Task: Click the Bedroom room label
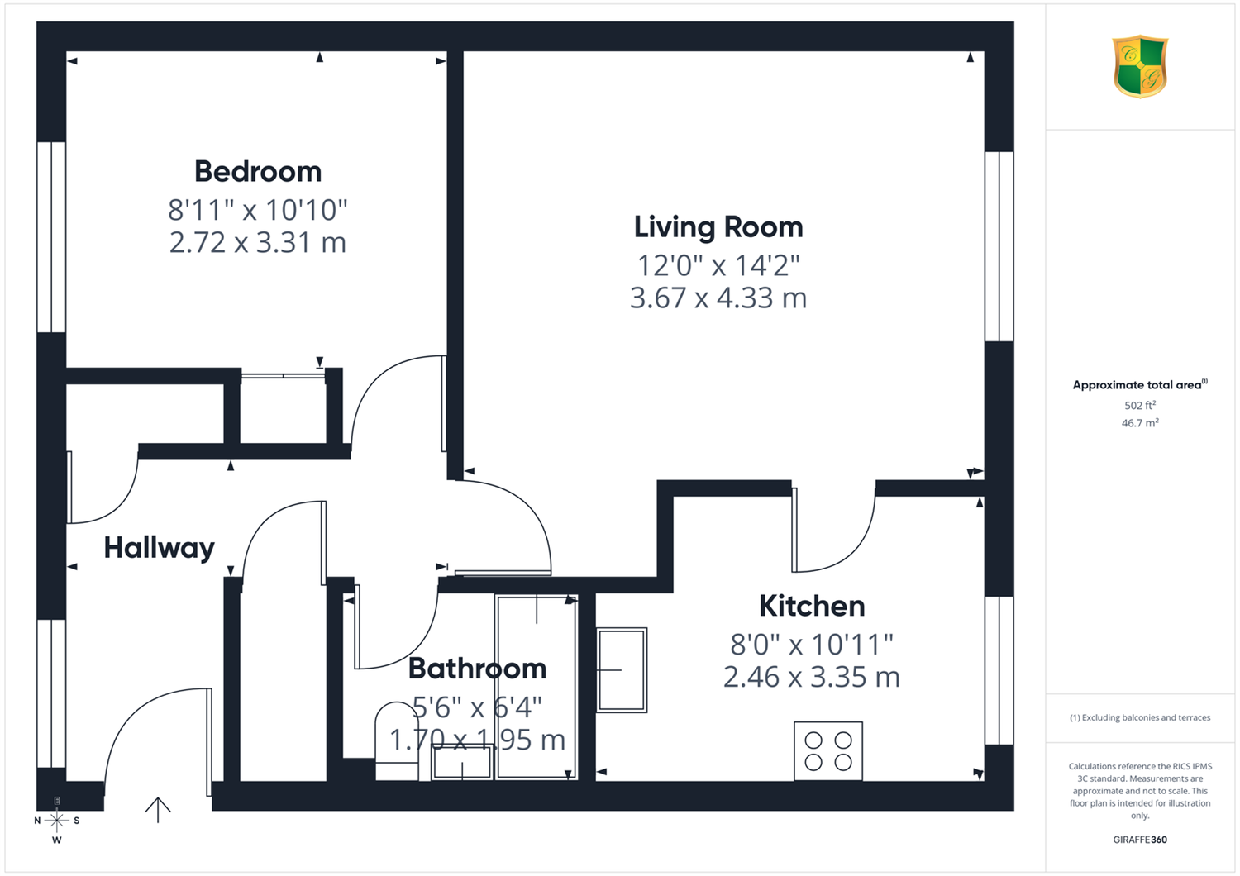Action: click(x=258, y=172)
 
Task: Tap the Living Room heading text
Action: click(x=718, y=227)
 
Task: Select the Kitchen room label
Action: click(x=812, y=606)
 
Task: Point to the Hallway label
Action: click(x=160, y=549)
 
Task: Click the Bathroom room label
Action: click(x=477, y=669)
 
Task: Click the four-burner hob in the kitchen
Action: click(x=828, y=751)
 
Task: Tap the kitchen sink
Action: click(x=621, y=669)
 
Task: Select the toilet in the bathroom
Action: click(x=397, y=741)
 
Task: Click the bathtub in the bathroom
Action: click(x=537, y=688)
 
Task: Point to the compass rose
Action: click(x=56, y=821)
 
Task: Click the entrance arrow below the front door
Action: click(x=158, y=810)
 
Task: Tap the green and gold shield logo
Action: click(x=1140, y=66)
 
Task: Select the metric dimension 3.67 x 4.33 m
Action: click(x=718, y=298)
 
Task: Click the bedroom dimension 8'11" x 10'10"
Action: click(x=258, y=210)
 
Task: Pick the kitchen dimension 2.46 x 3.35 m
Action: click(x=812, y=678)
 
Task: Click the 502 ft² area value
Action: click(x=1140, y=405)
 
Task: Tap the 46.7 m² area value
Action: click(x=1140, y=423)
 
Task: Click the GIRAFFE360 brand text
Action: click(x=1140, y=840)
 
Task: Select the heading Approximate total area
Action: click(x=1140, y=384)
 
